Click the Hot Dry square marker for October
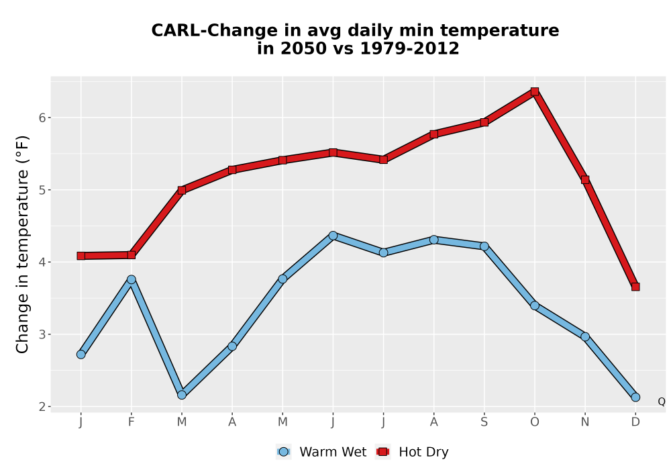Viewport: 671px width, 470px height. [535, 91]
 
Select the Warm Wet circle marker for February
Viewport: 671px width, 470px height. [132, 279]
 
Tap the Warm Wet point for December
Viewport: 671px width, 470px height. [635, 397]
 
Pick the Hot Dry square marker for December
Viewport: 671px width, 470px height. [635, 287]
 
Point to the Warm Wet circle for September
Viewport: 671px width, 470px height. [484, 246]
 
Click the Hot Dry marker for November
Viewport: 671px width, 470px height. [585, 180]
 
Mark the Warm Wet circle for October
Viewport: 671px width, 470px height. [535, 305]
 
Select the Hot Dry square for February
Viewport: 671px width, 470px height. [132, 255]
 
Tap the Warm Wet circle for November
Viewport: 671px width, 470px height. [585, 337]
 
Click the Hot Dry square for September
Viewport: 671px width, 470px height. [484, 122]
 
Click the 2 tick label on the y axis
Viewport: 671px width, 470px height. [42, 407]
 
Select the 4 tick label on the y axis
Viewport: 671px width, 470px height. [42, 262]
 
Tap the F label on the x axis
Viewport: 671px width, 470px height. [132, 422]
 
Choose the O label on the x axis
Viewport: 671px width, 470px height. [535, 422]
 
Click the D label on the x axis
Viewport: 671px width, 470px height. [635, 422]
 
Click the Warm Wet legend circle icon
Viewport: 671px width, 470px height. [283, 452]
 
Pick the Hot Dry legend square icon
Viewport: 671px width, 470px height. [383, 452]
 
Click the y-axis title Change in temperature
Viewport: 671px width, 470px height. [22, 244]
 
